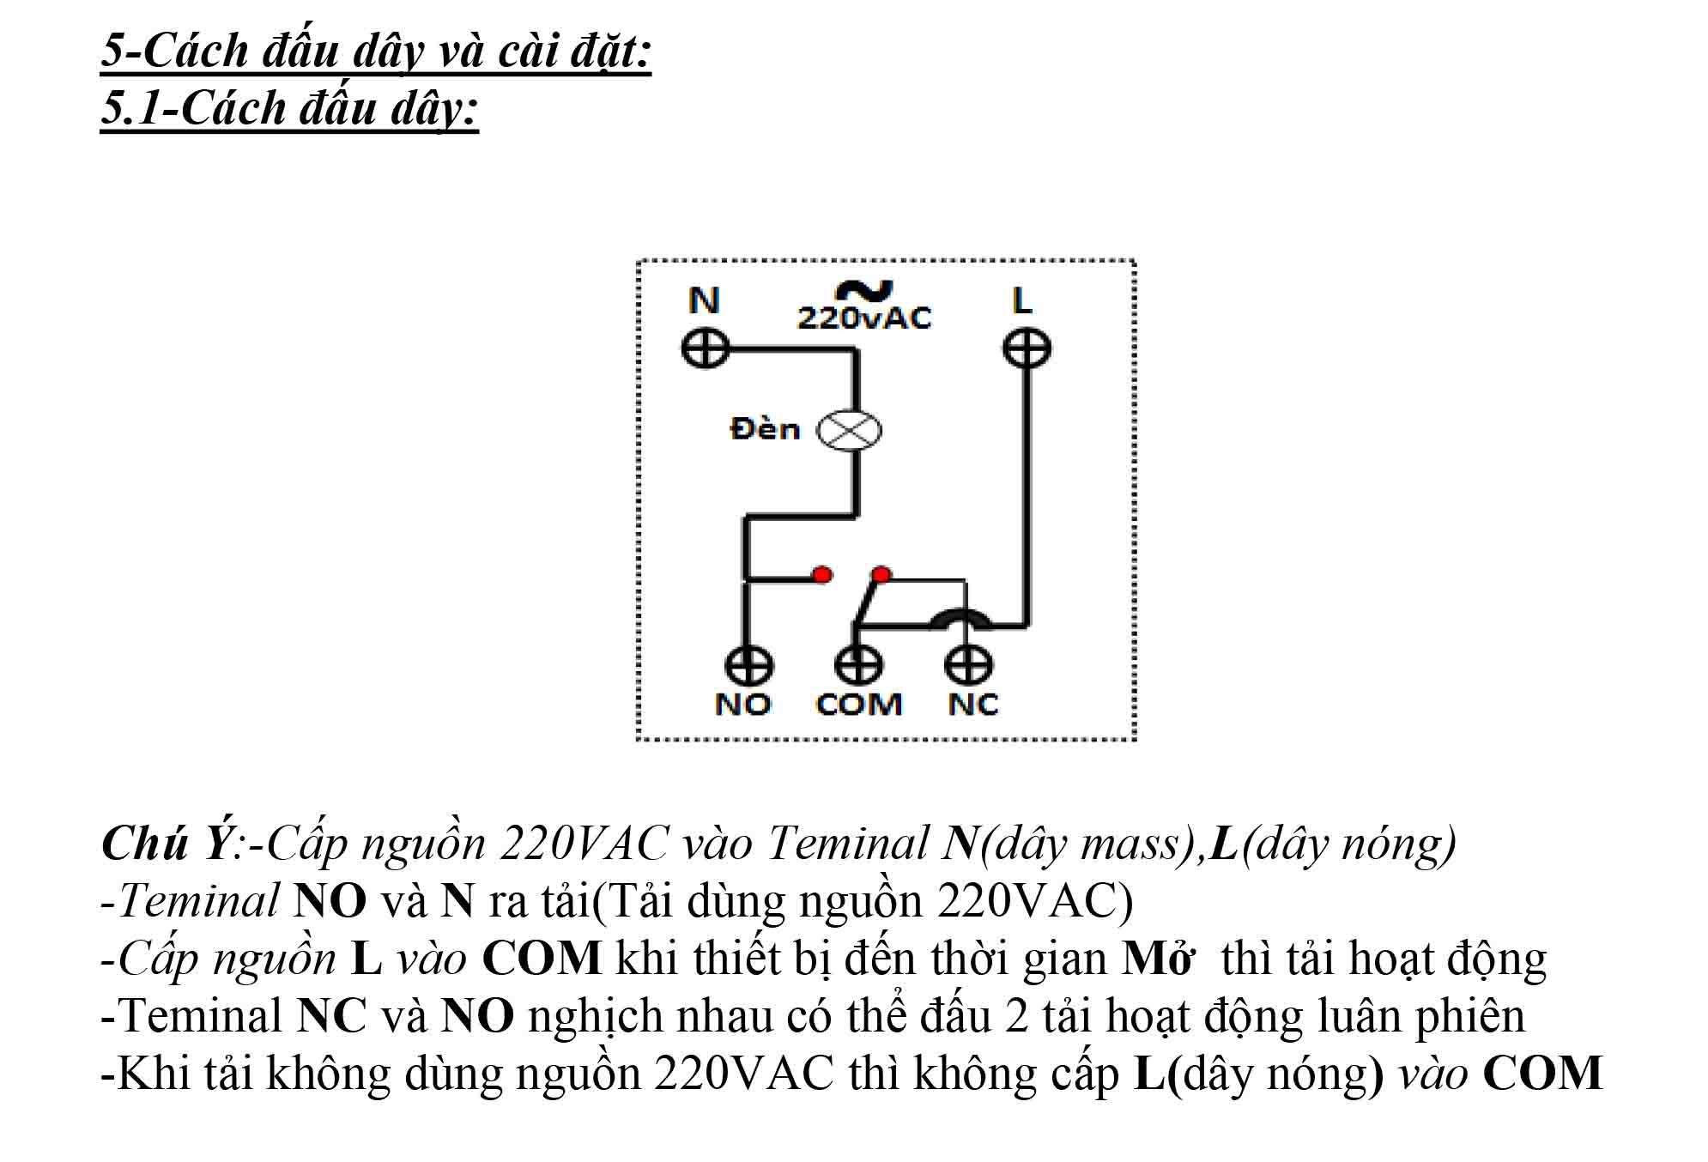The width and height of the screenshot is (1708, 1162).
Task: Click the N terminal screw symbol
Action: pyautogui.click(x=706, y=349)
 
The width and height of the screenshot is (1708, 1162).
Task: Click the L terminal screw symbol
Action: pyautogui.click(x=1027, y=349)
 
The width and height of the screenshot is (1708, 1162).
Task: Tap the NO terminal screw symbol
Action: pyautogui.click(x=748, y=665)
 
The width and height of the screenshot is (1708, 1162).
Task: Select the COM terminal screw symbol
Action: pyautogui.click(x=858, y=665)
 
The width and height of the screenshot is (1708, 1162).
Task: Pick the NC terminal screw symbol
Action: pyautogui.click(x=968, y=665)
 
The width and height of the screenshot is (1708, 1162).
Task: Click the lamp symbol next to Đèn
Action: pyautogui.click(x=848, y=431)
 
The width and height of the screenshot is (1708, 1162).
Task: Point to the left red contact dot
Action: pyautogui.click(x=822, y=574)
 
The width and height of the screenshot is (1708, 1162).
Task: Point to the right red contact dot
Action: pyautogui.click(x=881, y=574)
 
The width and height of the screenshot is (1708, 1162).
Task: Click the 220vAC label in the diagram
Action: pyautogui.click(x=863, y=318)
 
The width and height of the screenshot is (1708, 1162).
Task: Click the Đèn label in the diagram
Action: pyautogui.click(x=765, y=428)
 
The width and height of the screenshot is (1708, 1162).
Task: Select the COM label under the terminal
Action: pyautogui.click(x=859, y=705)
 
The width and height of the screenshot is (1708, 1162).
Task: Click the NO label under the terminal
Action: pyautogui.click(x=743, y=705)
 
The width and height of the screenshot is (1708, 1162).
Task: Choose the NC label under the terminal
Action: pyautogui.click(x=973, y=705)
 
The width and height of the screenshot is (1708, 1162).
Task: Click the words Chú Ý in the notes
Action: pyautogui.click(x=166, y=844)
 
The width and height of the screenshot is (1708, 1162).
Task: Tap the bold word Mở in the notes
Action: pyautogui.click(x=1158, y=959)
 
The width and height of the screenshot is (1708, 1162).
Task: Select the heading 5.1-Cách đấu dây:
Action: pyautogui.click(x=289, y=109)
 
